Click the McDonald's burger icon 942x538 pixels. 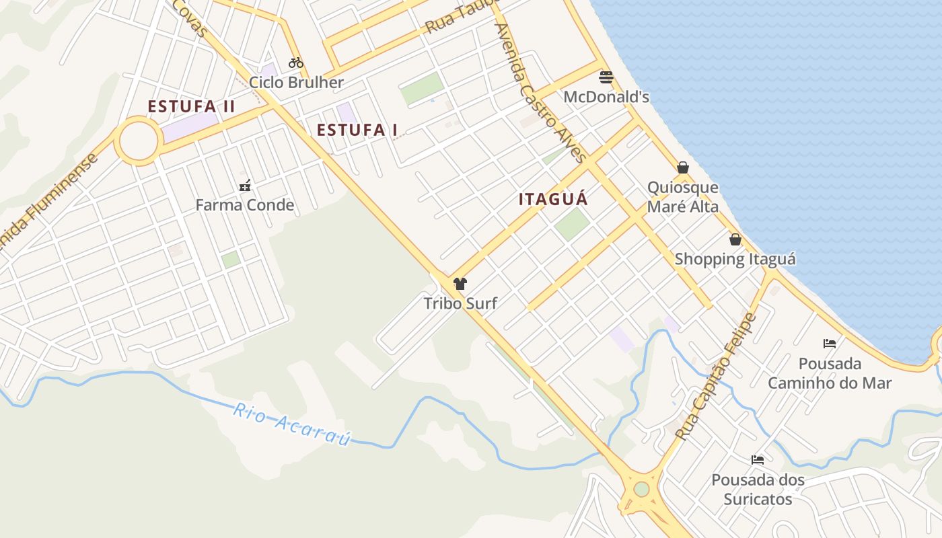coord(606,77)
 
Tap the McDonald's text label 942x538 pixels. coord(606,97)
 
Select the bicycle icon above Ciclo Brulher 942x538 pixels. coord(296,63)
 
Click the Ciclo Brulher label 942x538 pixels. coord(296,83)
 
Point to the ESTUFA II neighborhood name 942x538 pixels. coord(191,106)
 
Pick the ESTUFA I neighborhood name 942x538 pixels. coord(357,130)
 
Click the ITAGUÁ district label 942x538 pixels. coord(553,199)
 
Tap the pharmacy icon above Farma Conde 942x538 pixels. coord(245,186)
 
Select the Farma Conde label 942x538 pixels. coord(245,205)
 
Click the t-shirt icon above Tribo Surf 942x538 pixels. coord(460,284)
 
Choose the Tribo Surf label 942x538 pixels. coord(460,303)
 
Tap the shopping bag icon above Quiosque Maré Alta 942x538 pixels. coord(683,167)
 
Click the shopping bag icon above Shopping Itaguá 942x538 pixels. coord(735,239)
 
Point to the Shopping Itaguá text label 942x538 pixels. coord(735,259)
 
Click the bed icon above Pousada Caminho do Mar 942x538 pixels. coord(830,344)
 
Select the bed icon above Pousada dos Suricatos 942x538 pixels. coord(758,460)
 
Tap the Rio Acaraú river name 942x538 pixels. coord(292,424)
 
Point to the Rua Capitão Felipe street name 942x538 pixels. coord(717,377)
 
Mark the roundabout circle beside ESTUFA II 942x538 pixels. coord(139,141)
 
